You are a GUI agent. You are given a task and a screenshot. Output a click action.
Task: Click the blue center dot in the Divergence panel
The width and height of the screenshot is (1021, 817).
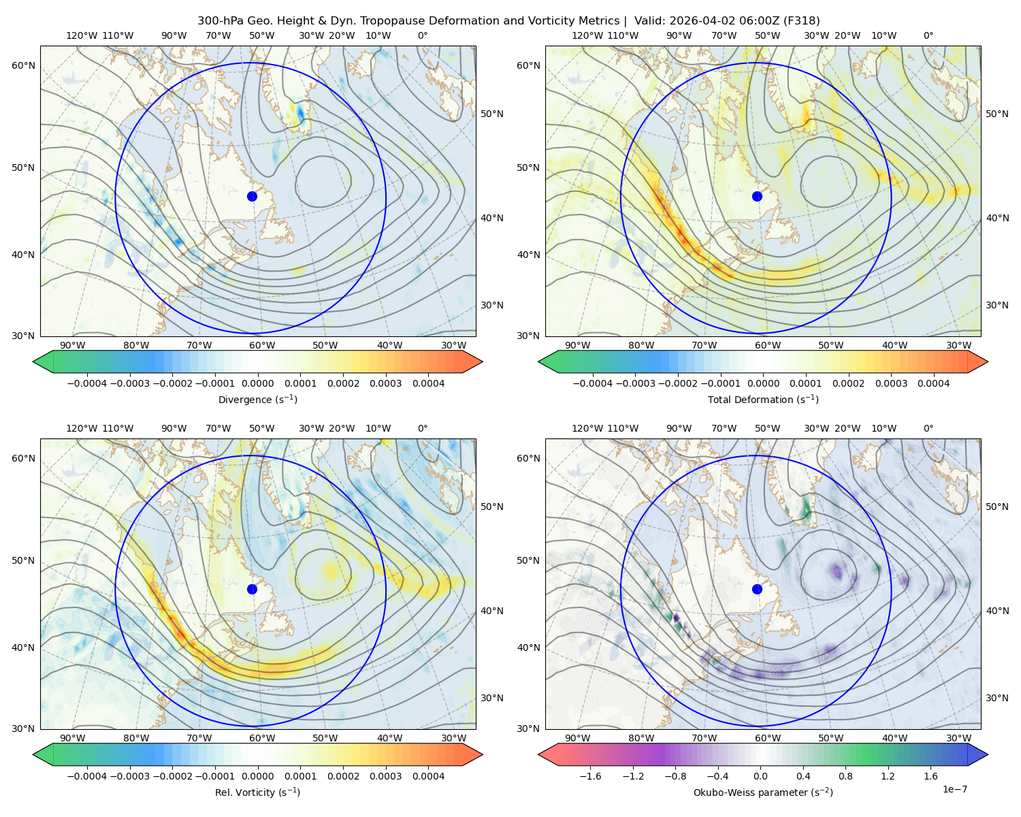point(252,196)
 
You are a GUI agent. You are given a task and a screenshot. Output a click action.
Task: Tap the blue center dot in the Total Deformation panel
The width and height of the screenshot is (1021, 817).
point(757,196)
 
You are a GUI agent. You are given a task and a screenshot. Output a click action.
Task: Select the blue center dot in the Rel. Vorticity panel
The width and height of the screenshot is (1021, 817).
point(252,589)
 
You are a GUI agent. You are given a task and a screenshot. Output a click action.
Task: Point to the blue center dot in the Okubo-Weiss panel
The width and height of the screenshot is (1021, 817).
point(757,589)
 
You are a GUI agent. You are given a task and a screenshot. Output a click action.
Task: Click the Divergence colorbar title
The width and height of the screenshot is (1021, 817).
point(257,399)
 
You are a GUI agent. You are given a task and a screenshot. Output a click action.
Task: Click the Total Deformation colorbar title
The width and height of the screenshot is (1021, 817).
point(763,399)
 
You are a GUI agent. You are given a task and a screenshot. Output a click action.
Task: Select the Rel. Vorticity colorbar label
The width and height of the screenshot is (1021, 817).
point(257,792)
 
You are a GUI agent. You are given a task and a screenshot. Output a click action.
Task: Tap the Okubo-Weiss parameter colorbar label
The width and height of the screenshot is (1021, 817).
point(763,792)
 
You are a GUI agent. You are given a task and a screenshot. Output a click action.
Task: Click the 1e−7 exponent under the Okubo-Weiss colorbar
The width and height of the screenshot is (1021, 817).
point(954,789)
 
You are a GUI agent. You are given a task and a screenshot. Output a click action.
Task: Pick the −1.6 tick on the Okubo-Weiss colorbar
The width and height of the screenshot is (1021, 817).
point(590,775)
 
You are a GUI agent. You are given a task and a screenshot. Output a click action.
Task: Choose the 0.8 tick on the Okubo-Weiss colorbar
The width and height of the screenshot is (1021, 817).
point(845,775)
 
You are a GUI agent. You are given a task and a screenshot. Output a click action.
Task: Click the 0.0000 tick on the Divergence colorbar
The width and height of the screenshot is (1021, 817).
point(257,383)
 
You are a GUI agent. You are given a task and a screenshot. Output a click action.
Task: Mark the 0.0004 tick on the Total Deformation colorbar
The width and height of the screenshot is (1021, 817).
point(933,383)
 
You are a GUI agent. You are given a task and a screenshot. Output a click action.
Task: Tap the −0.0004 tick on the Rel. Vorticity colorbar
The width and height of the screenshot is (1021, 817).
point(87,775)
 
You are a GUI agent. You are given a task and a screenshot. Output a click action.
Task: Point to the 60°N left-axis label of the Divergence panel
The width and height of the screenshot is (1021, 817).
point(23,65)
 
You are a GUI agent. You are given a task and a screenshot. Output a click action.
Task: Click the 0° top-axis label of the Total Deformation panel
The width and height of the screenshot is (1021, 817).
point(928,35)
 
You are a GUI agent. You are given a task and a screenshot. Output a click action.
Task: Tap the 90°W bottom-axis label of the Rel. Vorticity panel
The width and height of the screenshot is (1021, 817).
point(73,738)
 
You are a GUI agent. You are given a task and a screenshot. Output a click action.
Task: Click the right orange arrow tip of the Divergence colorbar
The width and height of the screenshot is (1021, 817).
point(482,362)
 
